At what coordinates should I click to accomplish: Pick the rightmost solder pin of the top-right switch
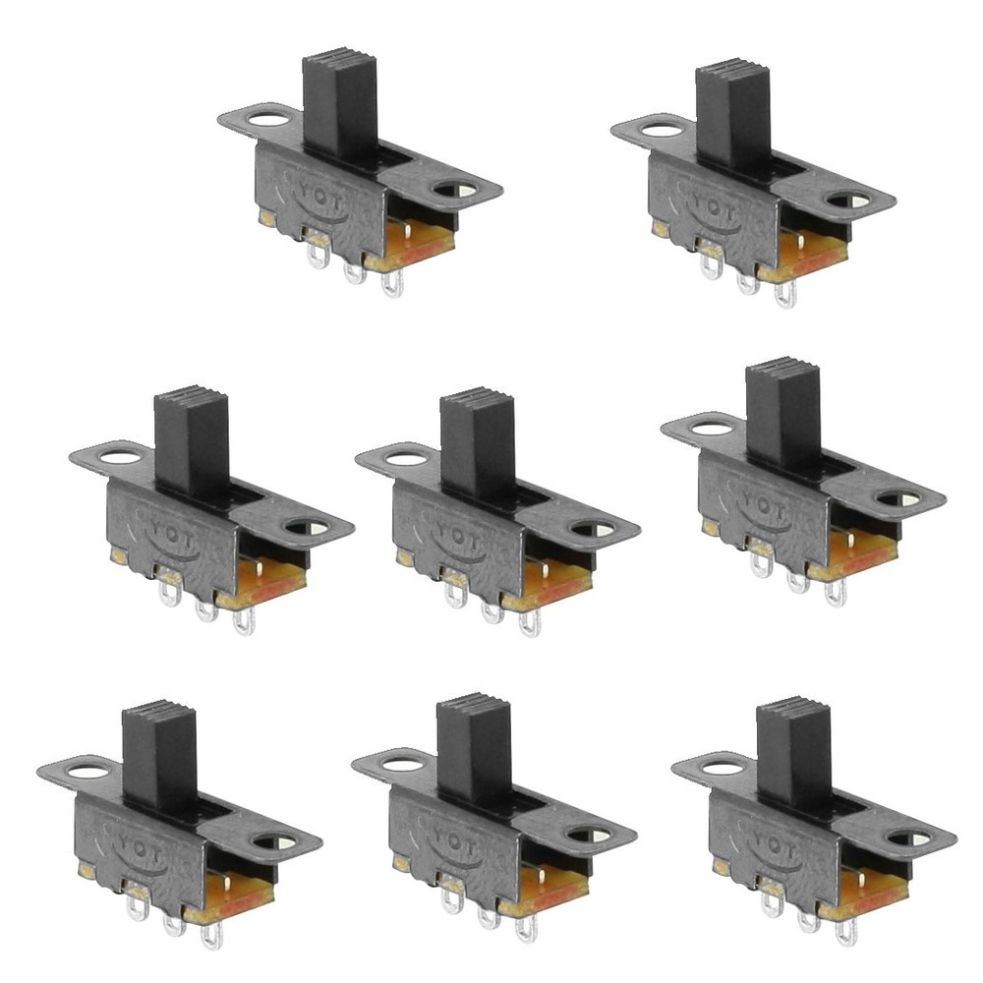[784, 294]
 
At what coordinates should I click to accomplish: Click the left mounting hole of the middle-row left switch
[119, 455]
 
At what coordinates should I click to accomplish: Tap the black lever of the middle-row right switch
[782, 410]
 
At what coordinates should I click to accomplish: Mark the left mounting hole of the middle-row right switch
[709, 428]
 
